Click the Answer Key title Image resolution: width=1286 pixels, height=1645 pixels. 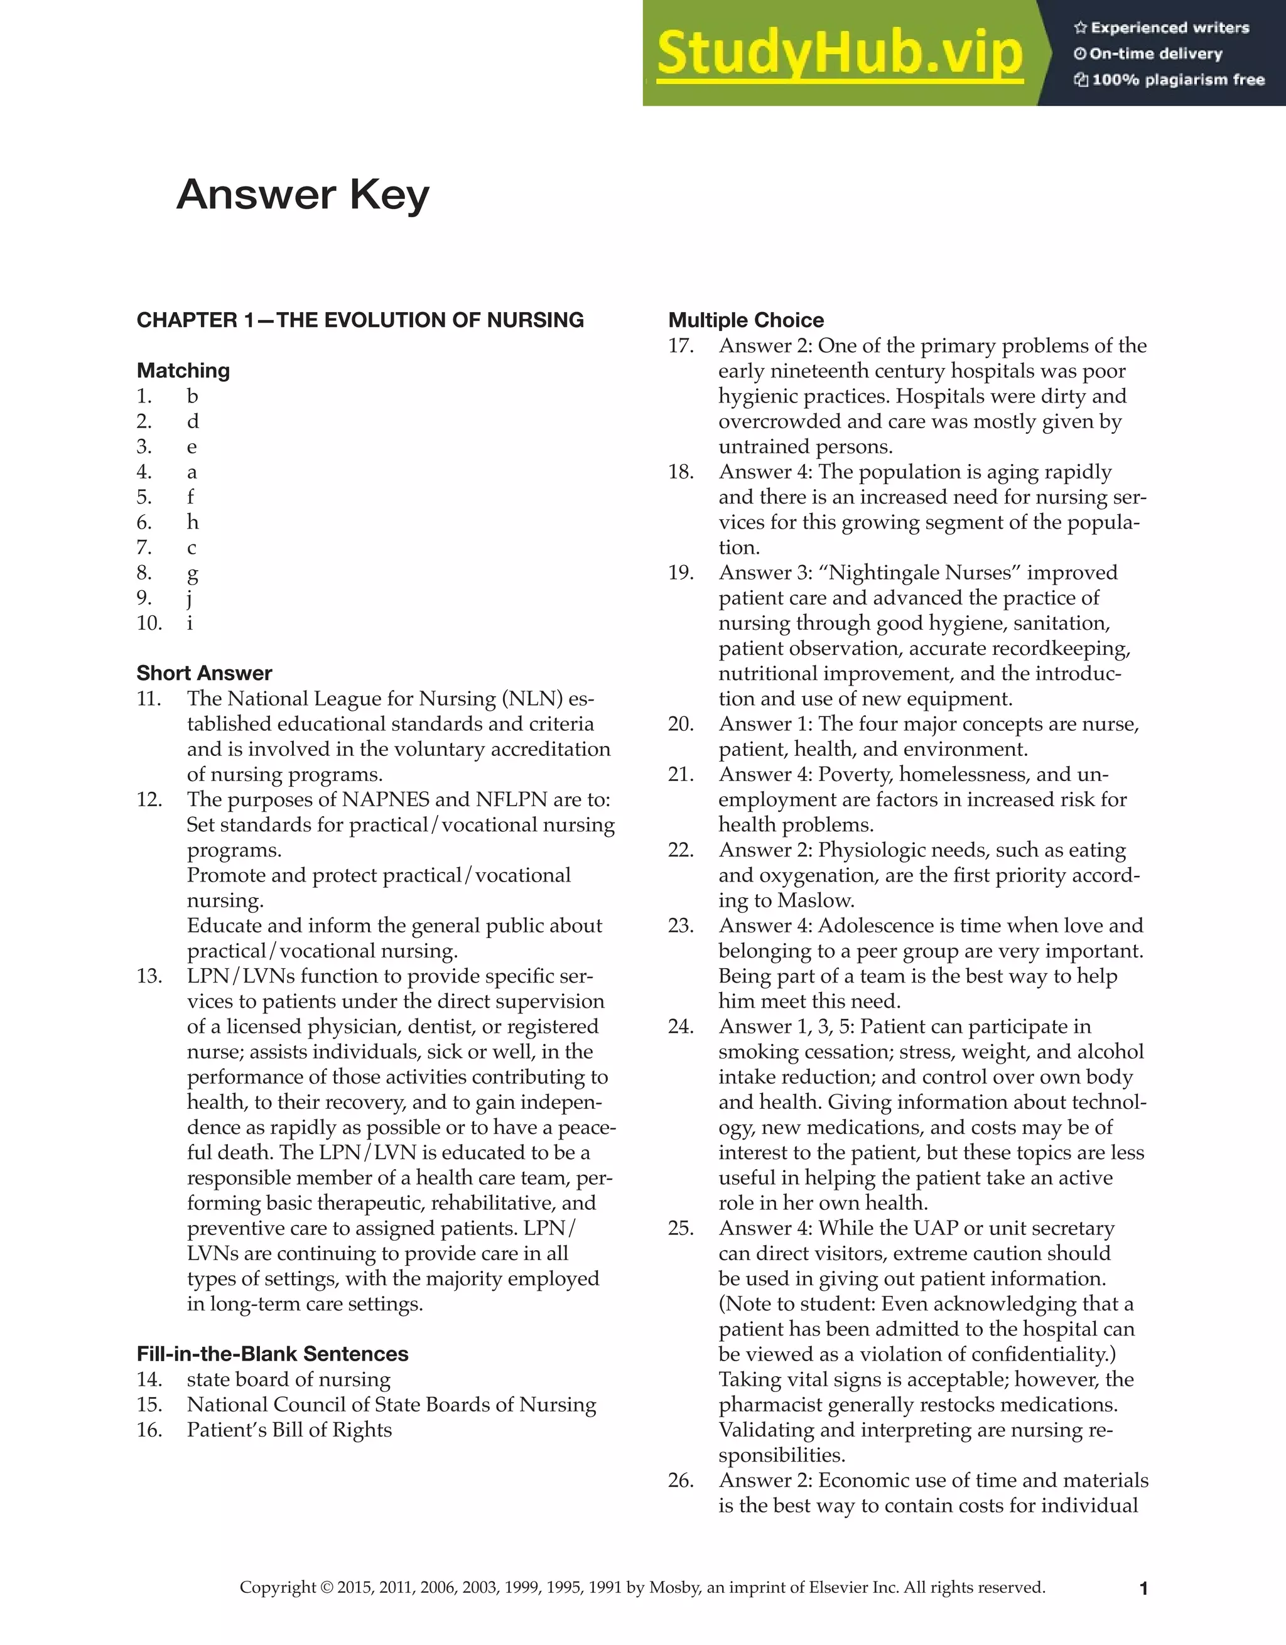tap(303, 195)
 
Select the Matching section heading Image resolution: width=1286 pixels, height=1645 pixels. tap(183, 370)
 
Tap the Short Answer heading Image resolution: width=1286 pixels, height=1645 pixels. tap(204, 672)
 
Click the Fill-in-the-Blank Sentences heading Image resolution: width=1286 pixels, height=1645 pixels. tap(272, 1354)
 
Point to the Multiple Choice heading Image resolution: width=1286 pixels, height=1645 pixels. tap(746, 320)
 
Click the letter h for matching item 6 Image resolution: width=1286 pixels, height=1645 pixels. tap(192, 522)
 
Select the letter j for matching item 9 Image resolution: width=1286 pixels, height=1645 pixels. tap(190, 598)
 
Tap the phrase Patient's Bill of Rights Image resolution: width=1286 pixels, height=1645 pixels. tap(289, 1430)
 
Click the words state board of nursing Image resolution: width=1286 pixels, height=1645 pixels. tap(289, 1379)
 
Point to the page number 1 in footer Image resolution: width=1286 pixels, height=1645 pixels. tap(1143, 1588)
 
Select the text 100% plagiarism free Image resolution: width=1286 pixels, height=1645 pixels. tap(1177, 80)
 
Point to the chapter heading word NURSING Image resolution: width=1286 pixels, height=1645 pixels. tap(535, 320)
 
